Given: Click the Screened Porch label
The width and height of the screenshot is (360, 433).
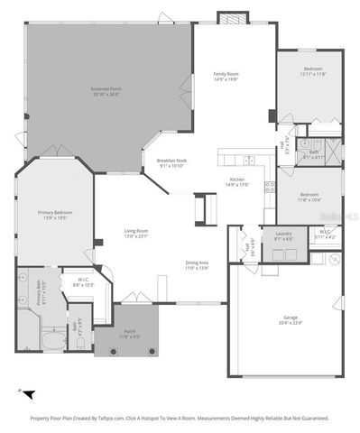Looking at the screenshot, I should coord(106,88).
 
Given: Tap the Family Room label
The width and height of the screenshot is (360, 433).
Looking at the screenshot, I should coord(226,73).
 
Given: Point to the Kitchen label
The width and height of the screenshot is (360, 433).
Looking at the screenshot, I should coord(237,180).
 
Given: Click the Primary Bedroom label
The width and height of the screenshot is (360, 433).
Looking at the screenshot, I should coord(55,212).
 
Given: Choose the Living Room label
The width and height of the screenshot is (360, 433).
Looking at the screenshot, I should coord(136,231).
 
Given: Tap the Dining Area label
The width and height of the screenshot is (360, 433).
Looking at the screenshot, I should coord(197,262).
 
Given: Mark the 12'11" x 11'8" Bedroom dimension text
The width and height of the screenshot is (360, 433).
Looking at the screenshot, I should coord(313,74).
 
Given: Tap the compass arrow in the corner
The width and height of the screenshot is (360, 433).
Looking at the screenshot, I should coord(28,394).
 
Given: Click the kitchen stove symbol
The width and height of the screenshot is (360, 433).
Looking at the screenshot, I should coord(268,187).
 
